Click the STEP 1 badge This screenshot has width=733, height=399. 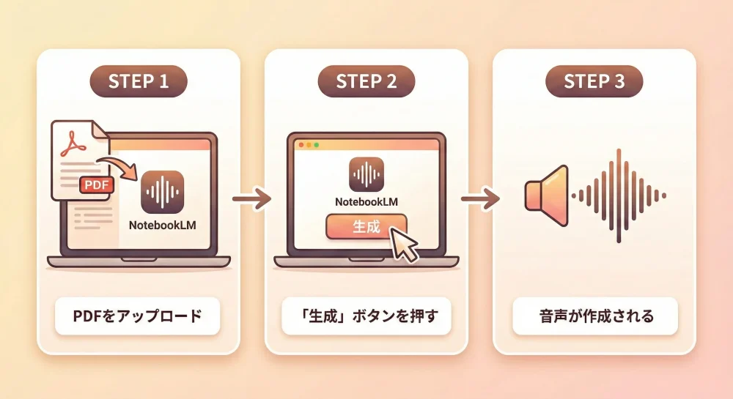139,81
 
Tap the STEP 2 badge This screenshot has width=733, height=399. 366,81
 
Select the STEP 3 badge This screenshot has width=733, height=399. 594,81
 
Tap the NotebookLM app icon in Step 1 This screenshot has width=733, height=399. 161,193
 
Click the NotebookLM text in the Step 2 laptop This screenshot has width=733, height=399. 366,202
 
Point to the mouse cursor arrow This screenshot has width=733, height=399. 404,245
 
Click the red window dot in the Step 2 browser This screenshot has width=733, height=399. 299,145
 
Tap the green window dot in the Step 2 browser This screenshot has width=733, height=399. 317,145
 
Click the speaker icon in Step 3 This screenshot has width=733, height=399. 547,195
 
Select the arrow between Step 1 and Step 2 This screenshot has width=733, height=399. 251,198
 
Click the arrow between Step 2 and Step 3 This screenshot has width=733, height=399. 480,198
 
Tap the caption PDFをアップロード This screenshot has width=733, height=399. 138,318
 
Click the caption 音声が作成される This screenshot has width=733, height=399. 594,318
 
